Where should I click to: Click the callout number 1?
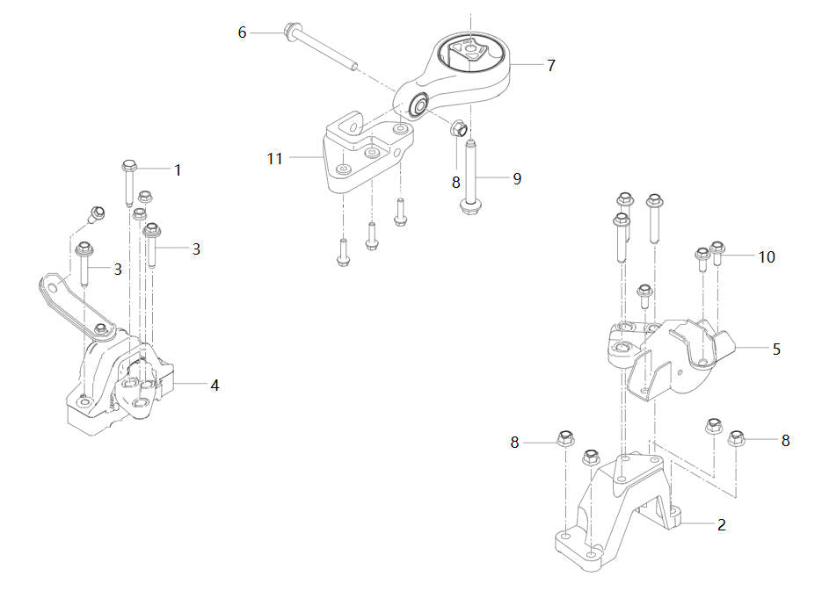point(178,169)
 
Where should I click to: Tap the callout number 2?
point(722,525)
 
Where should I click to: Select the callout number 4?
point(215,385)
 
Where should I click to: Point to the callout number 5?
point(776,349)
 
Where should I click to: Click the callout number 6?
point(243,32)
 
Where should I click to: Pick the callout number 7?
point(551,65)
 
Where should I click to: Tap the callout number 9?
point(517,178)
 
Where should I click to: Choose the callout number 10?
point(767,256)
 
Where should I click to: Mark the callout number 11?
point(275,158)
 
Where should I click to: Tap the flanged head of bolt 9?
point(469,205)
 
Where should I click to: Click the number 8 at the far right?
point(785,441)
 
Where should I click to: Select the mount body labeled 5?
point(668,356)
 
